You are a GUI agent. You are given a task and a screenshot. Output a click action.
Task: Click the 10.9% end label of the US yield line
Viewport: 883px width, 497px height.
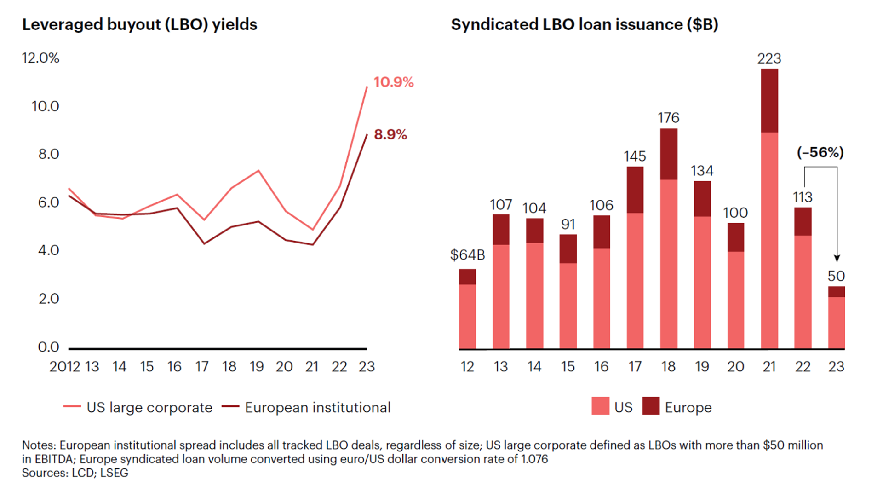(393, 82)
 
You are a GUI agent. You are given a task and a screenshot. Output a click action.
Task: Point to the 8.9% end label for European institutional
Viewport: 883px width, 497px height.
(390, 135)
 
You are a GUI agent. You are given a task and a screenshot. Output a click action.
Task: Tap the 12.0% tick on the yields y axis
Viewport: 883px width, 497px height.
(40, 58)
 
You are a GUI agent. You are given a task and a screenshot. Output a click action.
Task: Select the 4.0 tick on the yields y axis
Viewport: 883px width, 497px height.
(48, 250)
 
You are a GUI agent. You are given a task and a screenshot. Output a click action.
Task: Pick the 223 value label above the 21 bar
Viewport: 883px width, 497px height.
(769, 58)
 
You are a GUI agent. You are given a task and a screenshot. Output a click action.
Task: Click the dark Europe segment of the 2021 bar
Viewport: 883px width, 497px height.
(769, 100)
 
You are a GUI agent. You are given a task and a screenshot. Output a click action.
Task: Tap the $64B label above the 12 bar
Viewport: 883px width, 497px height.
(467, 255)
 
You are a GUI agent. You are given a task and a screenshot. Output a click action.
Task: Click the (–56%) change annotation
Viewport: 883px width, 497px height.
(820, 152)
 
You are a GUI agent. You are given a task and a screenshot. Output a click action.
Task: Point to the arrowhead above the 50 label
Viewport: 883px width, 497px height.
(837, 258)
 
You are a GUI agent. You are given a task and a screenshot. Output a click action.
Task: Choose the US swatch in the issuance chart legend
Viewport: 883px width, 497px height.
(600, 406)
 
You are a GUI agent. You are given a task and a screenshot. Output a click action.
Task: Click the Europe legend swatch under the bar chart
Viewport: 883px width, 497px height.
(651, 406)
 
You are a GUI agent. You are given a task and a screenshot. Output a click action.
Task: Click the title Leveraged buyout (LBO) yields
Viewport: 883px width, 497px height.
(139, 24)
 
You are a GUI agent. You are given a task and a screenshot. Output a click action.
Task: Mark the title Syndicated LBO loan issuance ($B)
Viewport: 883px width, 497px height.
(584, 24)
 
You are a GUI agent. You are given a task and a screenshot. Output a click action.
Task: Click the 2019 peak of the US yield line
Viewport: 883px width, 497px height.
(258, 171)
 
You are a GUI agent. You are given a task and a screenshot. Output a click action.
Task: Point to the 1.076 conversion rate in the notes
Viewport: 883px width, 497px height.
(534, 459)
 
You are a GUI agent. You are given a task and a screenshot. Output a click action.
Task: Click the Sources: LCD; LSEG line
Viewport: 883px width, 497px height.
(75, 473)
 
